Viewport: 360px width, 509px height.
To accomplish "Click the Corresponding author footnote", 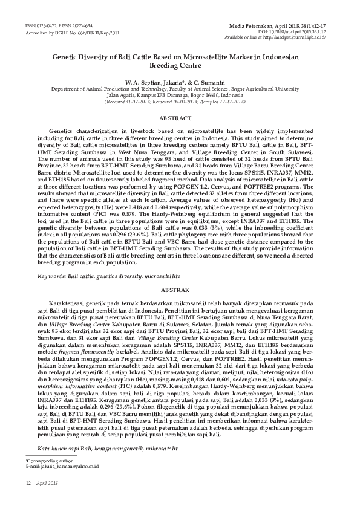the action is click(44, 461).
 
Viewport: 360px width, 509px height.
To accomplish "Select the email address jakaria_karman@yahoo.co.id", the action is click(67, 467).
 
